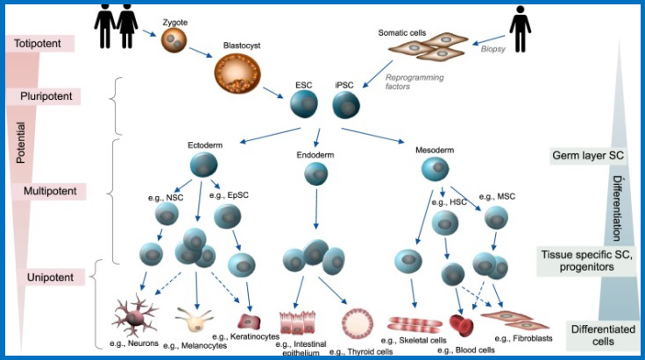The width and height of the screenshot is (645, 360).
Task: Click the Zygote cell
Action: (174, 38)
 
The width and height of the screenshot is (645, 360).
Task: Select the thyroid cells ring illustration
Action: (358, 322)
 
